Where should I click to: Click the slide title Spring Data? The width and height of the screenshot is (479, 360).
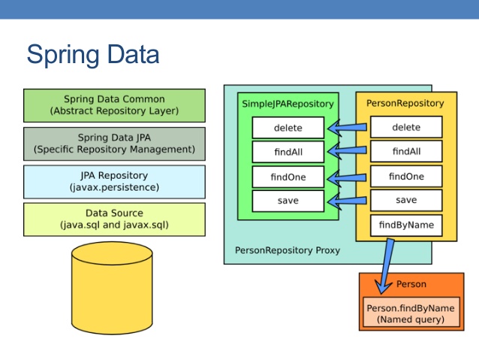click(x=92, y=55)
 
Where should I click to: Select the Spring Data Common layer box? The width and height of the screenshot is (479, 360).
click(x=114, y=105)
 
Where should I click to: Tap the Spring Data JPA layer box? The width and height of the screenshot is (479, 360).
click(x=114, y=144)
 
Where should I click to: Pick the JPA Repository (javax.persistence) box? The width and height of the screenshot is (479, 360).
click(x=114, y=181)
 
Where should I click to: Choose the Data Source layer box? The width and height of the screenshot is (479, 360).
click(x=114, y=219)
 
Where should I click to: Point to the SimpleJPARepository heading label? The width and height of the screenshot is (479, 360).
click(x=288, y=103)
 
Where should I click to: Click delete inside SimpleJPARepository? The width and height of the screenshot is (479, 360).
click(x=288, y=128)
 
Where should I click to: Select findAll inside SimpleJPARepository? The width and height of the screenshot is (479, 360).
click(x=288, y=153)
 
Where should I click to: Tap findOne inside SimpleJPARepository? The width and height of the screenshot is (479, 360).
click(x=288, y=177)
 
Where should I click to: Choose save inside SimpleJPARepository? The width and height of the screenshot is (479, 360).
click(x=288, y=201)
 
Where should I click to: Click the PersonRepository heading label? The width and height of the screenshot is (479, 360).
click(x=405, y=103)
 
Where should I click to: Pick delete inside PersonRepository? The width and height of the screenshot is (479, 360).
click(x=406, y=128)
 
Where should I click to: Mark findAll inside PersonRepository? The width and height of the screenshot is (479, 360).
click(x=406, y=153)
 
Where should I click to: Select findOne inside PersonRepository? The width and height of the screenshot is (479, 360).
click(x=406, y=177)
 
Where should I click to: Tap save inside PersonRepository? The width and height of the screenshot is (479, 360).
click(x=406, y=201)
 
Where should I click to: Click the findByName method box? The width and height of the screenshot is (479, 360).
click(x=406, y=225)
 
